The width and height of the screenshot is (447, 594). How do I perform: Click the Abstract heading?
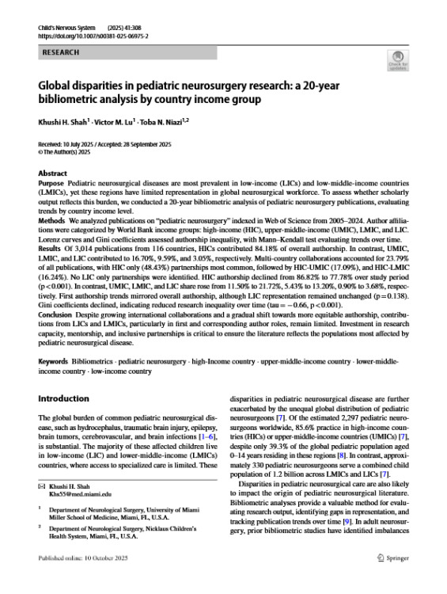point(52,173)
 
